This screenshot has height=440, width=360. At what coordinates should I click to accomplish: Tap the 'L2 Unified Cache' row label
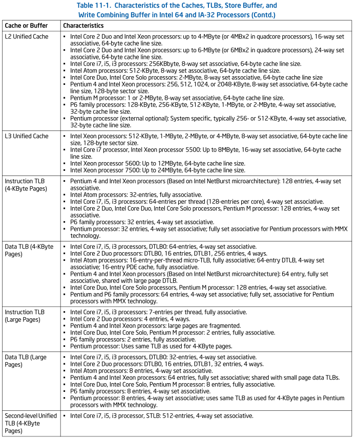tap(27, 37)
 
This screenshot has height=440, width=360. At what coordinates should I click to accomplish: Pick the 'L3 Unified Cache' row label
tap(27, 136)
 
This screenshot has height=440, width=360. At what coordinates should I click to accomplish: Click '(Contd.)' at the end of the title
tap(262, 15)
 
